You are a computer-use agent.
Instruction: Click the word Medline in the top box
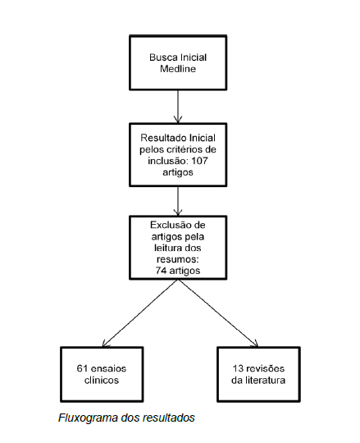click(x=178, y=69)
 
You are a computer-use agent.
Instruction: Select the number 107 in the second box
click(x=199, y=161)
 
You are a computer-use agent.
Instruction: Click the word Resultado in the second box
click(x=163, y=138)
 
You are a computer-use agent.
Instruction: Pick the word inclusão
click(x=168, y=161)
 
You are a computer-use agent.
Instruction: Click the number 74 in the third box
click(x=160, y=271)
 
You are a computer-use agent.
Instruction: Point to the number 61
click(x=82, y=368)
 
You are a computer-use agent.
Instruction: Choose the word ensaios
click(x=108, y=368)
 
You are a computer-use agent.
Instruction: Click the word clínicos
click(x=102, y=380)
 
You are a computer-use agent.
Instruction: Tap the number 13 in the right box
click(x=238, y=368)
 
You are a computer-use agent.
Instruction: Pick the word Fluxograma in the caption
click(x=88, y=418)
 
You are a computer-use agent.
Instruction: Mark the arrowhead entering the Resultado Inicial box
click(x=178, y=120)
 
